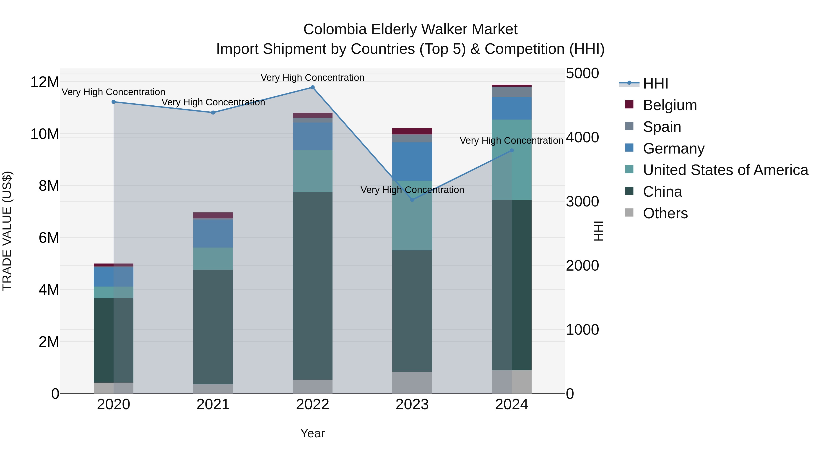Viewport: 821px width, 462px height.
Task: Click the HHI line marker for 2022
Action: pyautogui.click(x=312, y=87)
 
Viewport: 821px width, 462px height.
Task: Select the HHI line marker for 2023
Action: pyautogui.click(x=412, y=200)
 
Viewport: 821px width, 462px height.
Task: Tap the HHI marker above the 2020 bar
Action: pyautogui.click(x=114, y=102)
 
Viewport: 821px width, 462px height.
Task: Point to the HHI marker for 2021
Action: pyautogui.click(x=213, y=112)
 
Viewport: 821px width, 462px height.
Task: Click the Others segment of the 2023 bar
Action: pyautogui.click(x=412, y=382)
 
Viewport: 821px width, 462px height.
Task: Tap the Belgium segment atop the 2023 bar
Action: pyautogui.click(x=412, y=131)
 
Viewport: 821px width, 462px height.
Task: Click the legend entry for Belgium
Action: pyautogui.click(x=670, y=105)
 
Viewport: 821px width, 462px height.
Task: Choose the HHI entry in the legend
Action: pyautogui.click(x=655, y=84)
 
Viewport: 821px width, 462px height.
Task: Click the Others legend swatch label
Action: pyautogui.click(x=665, y=213)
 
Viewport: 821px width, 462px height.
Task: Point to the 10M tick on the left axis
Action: pyautogui.click(x=45, y=134)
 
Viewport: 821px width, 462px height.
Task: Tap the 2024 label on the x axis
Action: pyautogui.click(x=511, y=405)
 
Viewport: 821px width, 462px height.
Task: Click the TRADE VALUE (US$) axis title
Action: pyautogui.click(x=7, y=231)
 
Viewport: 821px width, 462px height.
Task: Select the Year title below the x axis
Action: pyautogui.click(x=312, y=433)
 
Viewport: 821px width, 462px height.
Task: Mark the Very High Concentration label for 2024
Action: pyautogui.click(x=511, y=141)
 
